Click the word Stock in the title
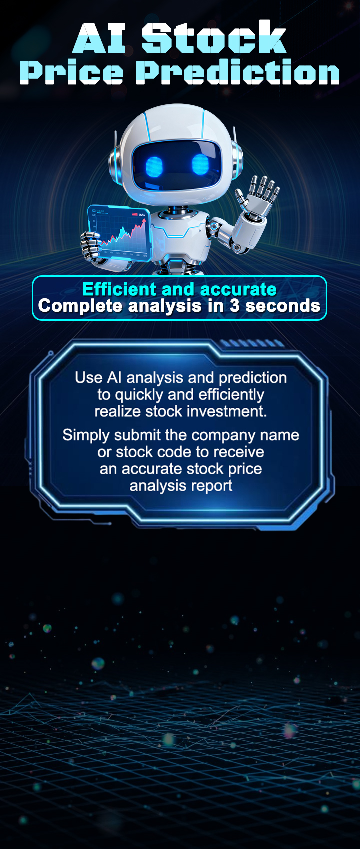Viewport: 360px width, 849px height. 214,37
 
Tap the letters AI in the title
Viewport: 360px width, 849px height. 99,38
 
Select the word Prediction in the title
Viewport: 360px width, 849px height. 238,71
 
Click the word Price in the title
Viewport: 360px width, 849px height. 72,72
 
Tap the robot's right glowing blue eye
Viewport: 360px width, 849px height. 201,164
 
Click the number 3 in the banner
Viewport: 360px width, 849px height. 235,306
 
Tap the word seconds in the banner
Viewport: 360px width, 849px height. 283,306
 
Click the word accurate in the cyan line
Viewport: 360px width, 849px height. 238,290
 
